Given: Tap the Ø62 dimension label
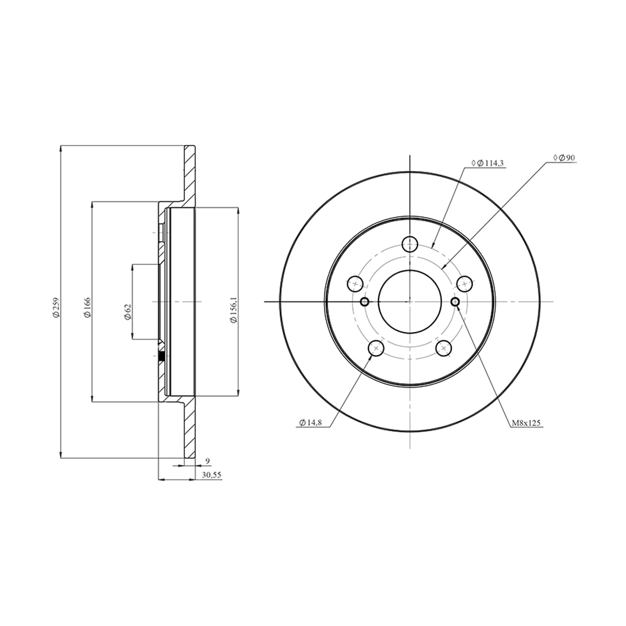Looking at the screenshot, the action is click(128, 312).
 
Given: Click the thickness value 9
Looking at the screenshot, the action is click(208, 461).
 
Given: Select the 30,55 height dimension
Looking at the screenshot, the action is click(211, 475).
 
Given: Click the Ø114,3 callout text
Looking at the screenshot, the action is click(488, 163).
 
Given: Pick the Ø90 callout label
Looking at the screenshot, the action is click(564, 158).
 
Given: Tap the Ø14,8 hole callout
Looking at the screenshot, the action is click(310, 423).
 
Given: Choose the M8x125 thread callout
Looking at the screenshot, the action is click(526, 423).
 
